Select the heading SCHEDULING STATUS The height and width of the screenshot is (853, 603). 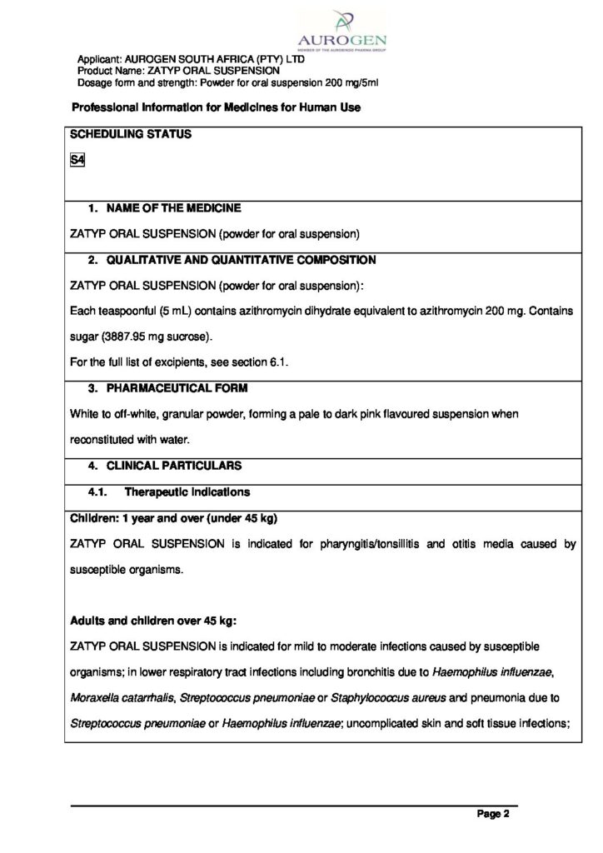[131, 134]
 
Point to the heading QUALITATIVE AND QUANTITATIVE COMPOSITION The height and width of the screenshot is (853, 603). [241, 261]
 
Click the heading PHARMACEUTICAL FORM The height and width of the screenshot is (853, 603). [177, 388]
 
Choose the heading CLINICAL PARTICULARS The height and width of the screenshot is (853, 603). [173, 466]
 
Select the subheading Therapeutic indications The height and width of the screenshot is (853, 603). [187, 492]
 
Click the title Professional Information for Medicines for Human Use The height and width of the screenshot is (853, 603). [216, 108]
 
